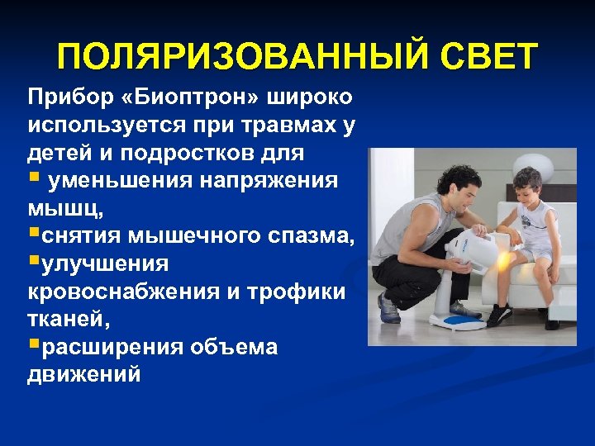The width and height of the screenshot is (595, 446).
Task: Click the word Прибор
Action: [63, 97]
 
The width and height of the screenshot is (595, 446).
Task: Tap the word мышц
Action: [63, 209]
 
